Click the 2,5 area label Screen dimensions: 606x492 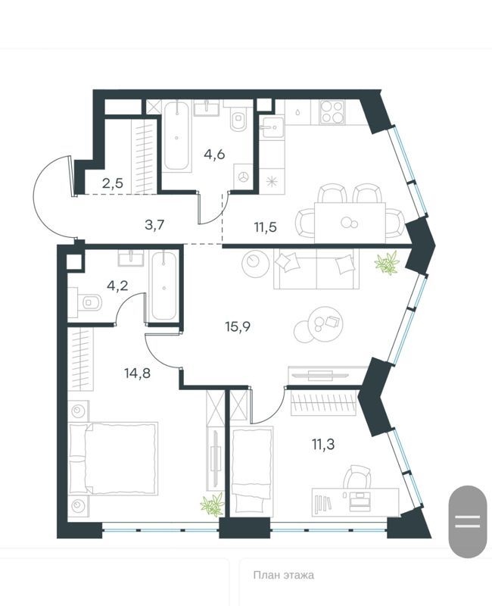pyautogui.click(x=115, y=182)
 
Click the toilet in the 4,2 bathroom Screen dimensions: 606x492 pyautogui.click(x=89, y=304)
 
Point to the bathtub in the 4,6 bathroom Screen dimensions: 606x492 pyautogui.click(x=179, y=136)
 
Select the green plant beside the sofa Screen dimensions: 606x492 pyautogui.click(x=388, y=263)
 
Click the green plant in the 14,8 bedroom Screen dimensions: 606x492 pyautogui.click(x=213, y=504)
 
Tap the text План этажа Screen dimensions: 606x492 pyautogui.click(x=283, y=575)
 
